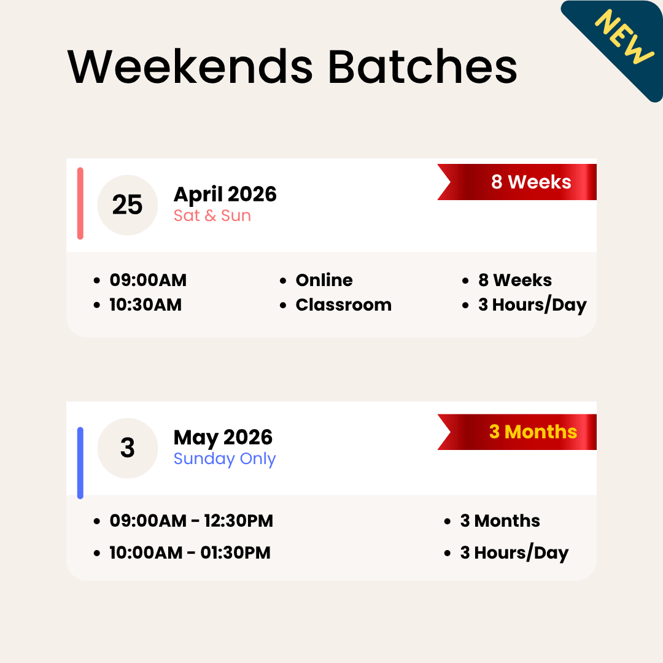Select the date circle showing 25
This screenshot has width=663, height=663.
(x=128, y=205)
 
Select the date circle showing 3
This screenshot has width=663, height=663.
(x=128, y=448)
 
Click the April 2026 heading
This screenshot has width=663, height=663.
(x=225, y=195)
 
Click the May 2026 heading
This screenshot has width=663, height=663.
(x=223, y=438)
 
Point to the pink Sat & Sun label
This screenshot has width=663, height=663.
(x=212, y=216)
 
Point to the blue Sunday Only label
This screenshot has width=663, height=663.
(x=225, y=459)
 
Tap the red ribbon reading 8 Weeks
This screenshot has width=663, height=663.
(x=530, y=182)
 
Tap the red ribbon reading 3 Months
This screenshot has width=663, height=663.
(x=532, y=432)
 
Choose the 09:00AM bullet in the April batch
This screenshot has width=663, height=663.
(x=148, y=281)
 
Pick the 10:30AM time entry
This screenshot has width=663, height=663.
(x=145, y=305)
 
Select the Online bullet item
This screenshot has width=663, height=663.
(x=324, y=281)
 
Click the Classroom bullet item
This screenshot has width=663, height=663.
(x=343, y=305)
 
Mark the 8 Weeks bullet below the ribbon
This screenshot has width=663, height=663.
(x=514, y=281)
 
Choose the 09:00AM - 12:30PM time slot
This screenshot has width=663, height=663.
(x=191, y=521)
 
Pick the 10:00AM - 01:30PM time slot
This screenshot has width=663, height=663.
(x=190, y=553)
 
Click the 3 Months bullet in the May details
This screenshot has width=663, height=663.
(x=500, y=521)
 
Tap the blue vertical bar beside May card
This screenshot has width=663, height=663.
(x=80, y=463)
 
